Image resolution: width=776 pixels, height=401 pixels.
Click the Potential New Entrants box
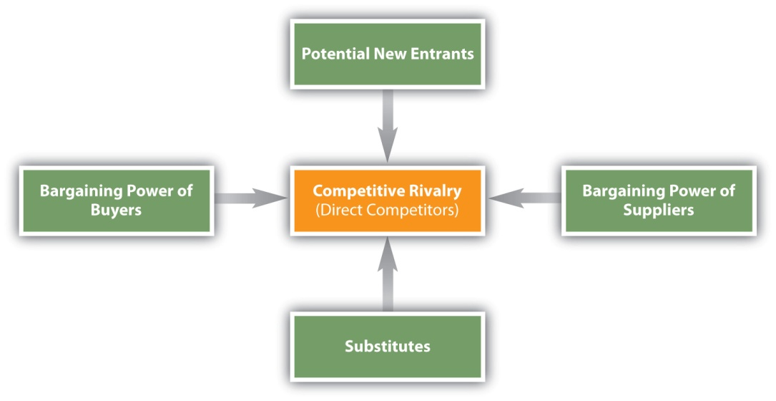(387, 54)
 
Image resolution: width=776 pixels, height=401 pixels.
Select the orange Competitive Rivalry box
(387, 200)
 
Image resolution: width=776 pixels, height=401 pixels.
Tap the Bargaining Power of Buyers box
(116, 200)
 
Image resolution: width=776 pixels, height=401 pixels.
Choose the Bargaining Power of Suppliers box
(658, 200)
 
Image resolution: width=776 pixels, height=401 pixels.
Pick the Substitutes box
(387, 347)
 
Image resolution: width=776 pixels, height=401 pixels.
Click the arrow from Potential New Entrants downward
(387, 125)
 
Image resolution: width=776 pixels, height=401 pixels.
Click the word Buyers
(116, 211)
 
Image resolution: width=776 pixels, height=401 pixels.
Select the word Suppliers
(658, 211)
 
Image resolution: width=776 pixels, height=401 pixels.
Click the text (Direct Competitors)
(387, 211)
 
